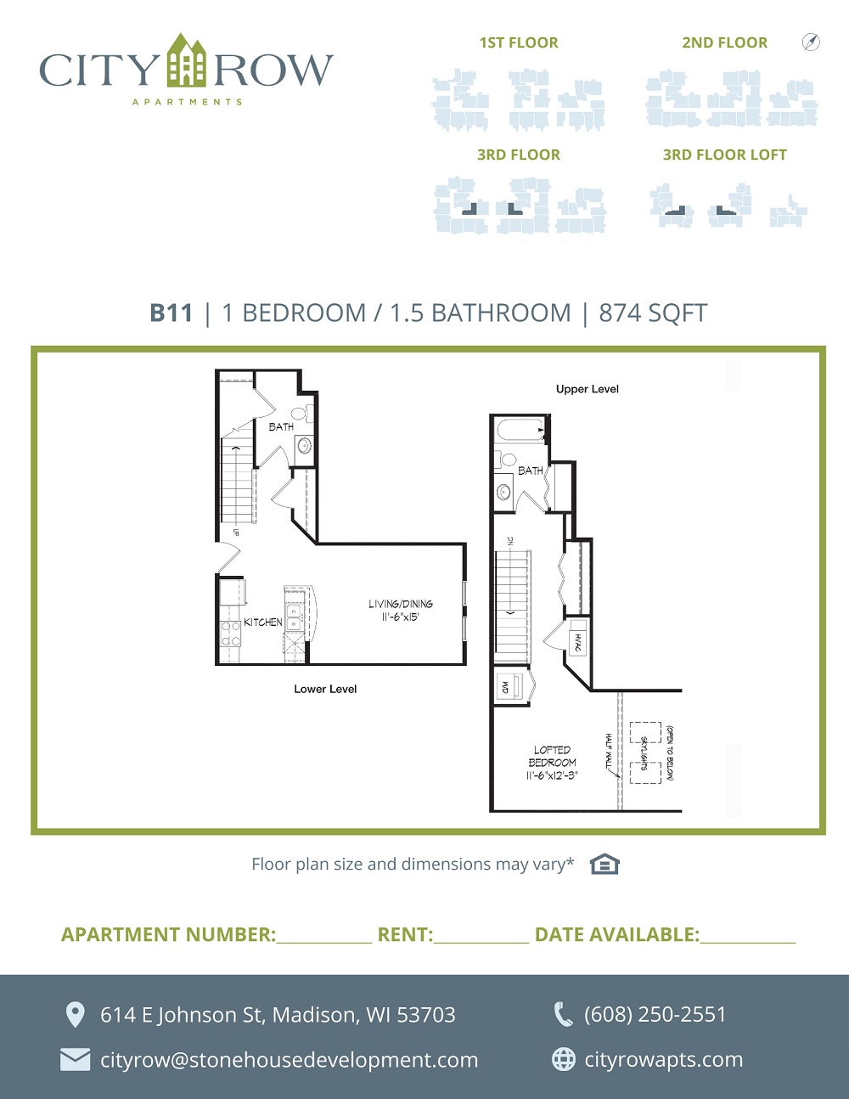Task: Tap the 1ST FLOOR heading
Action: click(519, 43)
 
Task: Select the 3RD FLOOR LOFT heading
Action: click(725, 155)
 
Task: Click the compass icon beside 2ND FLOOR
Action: click(811, 42)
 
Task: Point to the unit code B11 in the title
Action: click(171, 313)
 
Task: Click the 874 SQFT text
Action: click(653, 313)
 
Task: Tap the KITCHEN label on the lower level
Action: click(263, 622)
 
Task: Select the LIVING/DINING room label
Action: click(400, 604)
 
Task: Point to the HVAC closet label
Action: click(578, 642)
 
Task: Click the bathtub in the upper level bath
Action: click(520, 430)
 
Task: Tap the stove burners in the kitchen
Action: click(230, 634)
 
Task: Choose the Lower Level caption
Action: click(325, 689)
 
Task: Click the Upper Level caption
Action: click(588, 389)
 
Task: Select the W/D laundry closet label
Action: click(505, 686)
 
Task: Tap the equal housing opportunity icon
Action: click(604, 864)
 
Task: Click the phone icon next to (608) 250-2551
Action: click(564, 1015)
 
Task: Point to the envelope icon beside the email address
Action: click(75, 1060)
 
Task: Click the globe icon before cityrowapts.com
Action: click(564, 1059)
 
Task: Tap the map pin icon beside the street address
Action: click(76, 1015)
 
